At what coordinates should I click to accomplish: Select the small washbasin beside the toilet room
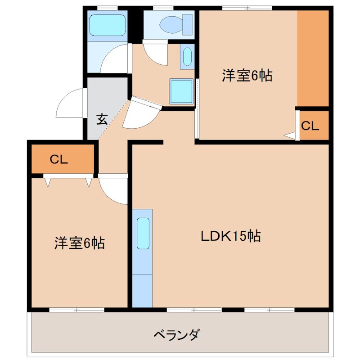coord(187,57)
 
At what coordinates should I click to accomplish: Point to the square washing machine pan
coord(181,92)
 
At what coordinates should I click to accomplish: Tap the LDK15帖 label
coord(231,236)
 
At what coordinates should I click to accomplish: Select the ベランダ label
coord(176,335)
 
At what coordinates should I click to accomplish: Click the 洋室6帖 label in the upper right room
coord(247,76)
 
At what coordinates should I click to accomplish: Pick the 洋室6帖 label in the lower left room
coord(80,243)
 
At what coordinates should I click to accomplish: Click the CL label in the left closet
coord(58,159)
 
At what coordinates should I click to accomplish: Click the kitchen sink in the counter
coord(143,233)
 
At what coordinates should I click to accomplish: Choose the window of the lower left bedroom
coord(76,310)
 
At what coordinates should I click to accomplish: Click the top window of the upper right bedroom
coord(247,7)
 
